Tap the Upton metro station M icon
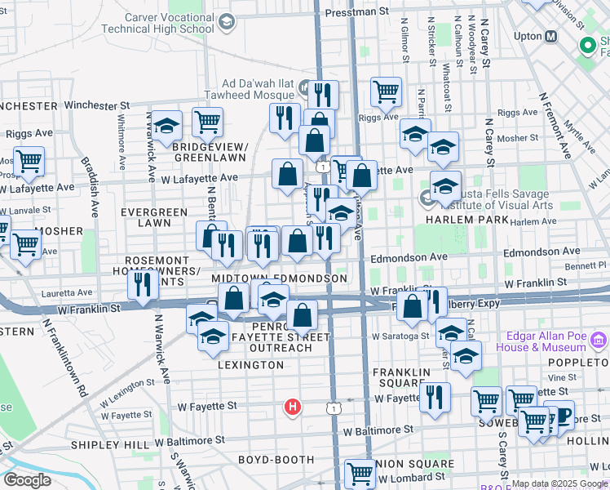pyautogui.click(x=551, y=36)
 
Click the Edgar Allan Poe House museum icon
pyautogui.click(x=599, y=339)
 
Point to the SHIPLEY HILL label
pyautogui.click(x=110, y=444)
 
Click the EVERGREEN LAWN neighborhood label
pyautogui.click(x=153, y=217)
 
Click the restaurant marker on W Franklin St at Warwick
pyautogui.click(x=143, y=285)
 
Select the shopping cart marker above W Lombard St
pyautogui.click(x=360, y=473)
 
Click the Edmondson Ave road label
pyautogui.click(x=408, y=256)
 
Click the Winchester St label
pyautogui.click(x=97, y=105)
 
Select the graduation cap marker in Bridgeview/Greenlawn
pyautogui.click(x=166, y=126)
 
